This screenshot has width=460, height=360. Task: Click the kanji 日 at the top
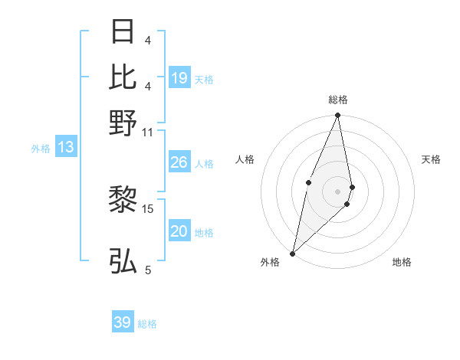123,32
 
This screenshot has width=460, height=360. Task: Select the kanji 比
123,77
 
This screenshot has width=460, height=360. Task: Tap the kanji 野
123,123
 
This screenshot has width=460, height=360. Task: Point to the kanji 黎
123,201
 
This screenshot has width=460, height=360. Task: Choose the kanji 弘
123,260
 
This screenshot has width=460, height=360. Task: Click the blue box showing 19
179,78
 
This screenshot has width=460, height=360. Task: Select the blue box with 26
179,162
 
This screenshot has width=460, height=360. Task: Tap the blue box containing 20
179,231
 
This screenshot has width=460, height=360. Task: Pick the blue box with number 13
65,148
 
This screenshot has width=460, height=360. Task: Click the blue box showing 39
123,322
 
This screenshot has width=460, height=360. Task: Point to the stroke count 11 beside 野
148,132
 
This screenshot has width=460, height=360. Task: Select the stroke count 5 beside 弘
148,270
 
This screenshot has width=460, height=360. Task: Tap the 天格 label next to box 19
204,79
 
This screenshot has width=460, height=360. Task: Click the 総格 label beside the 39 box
147,324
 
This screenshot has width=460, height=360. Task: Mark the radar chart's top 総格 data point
337,116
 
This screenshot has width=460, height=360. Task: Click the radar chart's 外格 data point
293,253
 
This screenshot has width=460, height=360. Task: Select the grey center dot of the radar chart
337,191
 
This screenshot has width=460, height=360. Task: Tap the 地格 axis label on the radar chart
402,263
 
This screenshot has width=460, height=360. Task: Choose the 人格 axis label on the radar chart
245,159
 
